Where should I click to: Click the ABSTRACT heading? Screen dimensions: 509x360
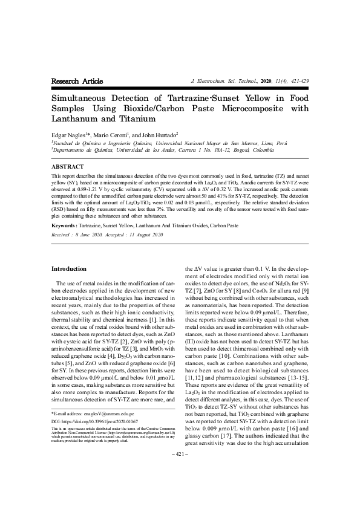point(68,166)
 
